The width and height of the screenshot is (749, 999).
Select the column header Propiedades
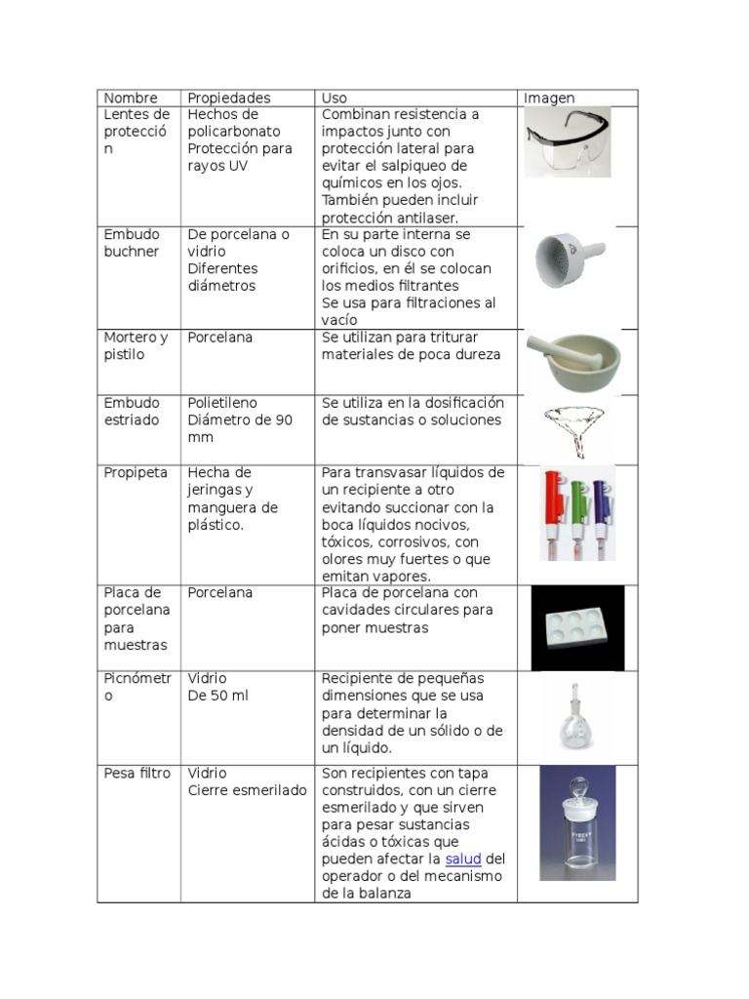point(228,98)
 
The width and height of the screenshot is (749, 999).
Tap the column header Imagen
point(549,98)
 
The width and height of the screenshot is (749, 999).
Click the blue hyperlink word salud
point(463,859)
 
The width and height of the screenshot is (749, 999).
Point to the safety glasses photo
point(568,140)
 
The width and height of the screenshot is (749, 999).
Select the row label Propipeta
point(136,472)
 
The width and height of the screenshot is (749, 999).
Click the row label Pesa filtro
point(137,774)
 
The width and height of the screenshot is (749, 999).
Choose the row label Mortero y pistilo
point(136,345)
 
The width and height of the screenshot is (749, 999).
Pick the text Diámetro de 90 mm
point(240,429)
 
